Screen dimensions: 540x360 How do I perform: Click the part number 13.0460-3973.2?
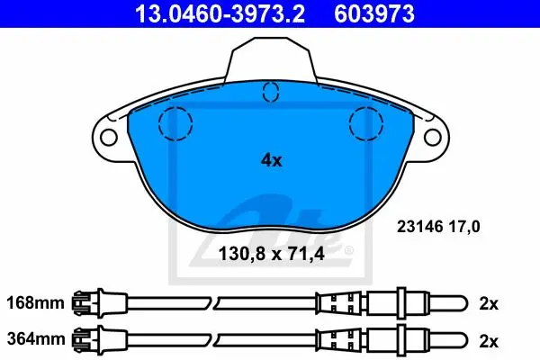220,14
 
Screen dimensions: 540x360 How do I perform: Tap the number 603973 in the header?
374,14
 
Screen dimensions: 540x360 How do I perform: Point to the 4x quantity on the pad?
272,160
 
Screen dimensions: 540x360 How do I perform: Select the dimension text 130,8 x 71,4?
272,254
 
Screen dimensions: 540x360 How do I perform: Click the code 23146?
419,227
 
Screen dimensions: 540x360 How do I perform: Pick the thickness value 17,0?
463,227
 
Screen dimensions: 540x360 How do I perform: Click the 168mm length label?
35,303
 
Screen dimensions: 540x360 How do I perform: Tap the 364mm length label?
35,339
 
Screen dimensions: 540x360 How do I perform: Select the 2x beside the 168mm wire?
489,303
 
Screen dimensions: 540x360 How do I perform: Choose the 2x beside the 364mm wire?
489,341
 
